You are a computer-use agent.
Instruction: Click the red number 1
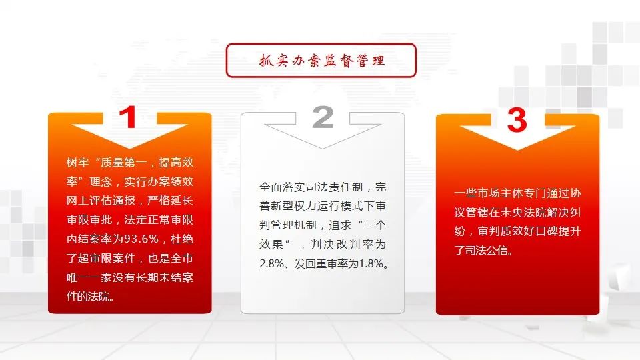tap(128, 117)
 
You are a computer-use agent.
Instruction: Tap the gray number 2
tap(323, 117)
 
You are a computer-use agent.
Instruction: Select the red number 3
tap(517, 120)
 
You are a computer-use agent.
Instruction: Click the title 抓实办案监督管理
tap(321, 61)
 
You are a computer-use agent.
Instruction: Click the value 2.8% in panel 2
tap(271, 264)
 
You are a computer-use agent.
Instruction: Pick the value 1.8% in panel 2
tap(371, 264)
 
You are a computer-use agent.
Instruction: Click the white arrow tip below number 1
tap(130, 148)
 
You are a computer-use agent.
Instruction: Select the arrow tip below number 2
tap(323, 148)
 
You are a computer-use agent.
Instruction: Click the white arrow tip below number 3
tap(517, 150)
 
